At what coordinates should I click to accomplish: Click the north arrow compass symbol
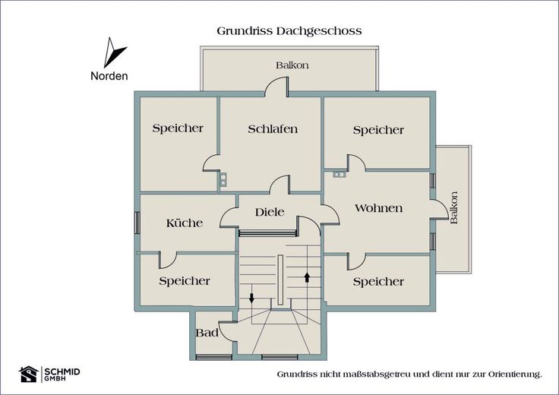[x=112, y=53]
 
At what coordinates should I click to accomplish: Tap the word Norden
[x=109, y=76]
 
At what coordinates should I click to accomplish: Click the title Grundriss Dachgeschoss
[x=289, y=31]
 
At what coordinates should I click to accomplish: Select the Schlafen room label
[x=273, y=128]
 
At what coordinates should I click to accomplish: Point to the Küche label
[x=185, y=223]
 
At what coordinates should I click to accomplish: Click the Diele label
[x=270, y=212]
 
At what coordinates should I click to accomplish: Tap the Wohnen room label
[x=378, y=208]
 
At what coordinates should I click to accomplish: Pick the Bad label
[x=207, y=333]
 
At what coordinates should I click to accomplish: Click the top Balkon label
[x=292, y=65]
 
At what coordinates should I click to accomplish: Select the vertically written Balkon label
[x=454, y=208]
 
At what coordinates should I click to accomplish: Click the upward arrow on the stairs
[x=307, y=277]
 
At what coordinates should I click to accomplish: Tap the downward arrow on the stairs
[x=251, y=298]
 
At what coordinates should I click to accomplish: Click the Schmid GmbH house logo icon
[x=29, y=374]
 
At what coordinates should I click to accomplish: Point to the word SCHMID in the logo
[x=62, y=371]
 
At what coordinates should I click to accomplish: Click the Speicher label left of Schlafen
[x=178, y=128]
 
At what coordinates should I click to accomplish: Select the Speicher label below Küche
[x=185, y=281]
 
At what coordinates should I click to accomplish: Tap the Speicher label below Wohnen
[x=378, y=282]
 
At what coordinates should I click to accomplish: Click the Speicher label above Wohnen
[x=378, y=130]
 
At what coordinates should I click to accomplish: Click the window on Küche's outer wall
[x=137, y=223]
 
